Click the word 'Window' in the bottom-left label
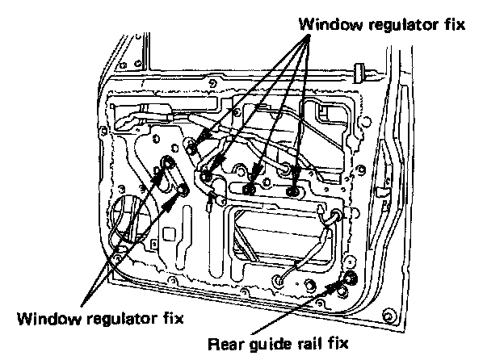(x=48, y=317)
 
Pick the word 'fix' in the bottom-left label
(x=170, y=317)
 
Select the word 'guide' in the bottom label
(x=272, y=345)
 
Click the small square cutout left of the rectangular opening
(x=169, y=235)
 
